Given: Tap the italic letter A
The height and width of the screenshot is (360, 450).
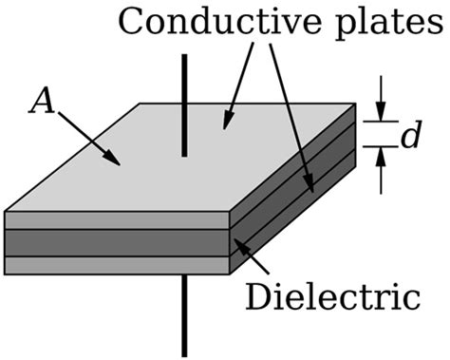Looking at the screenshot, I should coord(41,102).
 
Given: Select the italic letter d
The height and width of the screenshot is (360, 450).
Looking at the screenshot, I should coord(410,137).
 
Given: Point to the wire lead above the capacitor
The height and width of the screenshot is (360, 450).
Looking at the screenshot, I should coord(184,104).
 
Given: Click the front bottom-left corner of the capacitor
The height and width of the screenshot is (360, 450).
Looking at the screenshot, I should coord(6,274).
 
